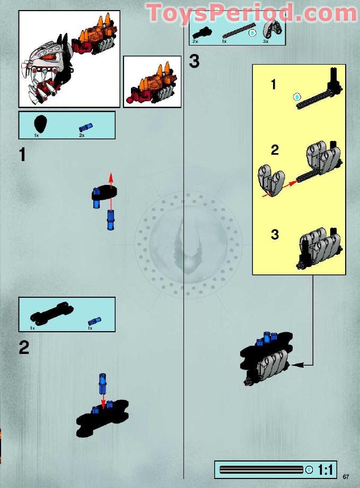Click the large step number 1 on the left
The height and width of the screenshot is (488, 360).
click(x=22, y=155)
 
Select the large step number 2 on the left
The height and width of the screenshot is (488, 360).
click(x=24, y=348)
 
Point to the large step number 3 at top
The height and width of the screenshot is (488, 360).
click(x=194, y=61)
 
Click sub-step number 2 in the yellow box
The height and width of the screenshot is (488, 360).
click(x=274, y=150)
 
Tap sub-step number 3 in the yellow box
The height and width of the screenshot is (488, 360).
click(x=274, y=234)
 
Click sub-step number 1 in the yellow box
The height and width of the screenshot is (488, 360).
click(x=274, y=84)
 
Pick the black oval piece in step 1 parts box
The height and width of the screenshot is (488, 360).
click(x=40, y=126)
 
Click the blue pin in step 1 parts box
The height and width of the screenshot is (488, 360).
click(x=85, y=127)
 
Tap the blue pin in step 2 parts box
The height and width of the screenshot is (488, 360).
click(x=93, y=320)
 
